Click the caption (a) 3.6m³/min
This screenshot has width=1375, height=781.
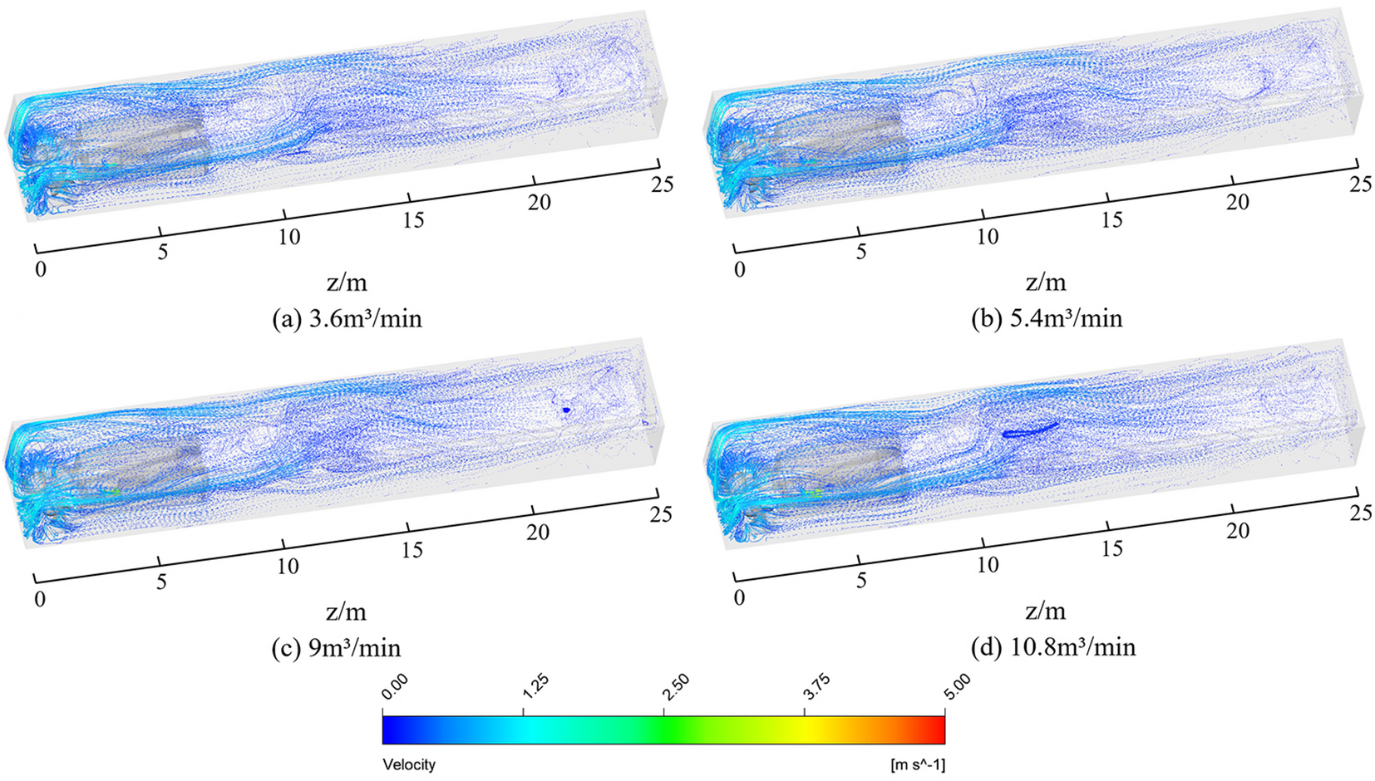pyautogui.click(x=347, y=319)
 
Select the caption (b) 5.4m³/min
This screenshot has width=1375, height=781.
pyautogui.click(x=1047, y=319)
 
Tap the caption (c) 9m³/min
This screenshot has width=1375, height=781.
pyautogui.click(x=336, y=648)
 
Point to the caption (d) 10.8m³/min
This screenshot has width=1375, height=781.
pyautogui.click(x=1052, y=647)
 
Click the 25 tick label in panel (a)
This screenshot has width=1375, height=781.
pyautogui.click(x=662, y=184)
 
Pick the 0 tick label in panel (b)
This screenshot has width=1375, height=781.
pyautogui.click(x=740, y=269)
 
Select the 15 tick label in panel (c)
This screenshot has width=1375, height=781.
pyautogui.click(x=412, y=550)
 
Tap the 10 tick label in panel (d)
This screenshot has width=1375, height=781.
pyautogui.click(x=987, y=566)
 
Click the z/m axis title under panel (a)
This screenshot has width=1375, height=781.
pyautogui.click(x=347, y=282)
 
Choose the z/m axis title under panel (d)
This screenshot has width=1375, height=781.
pyautogui.click(x=1045, y=612)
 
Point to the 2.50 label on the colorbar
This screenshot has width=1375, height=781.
pyautogui.click(x=676, y=687)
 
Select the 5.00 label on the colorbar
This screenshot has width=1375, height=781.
pyautogui.click(x=958, y=687)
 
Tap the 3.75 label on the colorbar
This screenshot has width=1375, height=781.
pyautogui.click(x=817, y=687)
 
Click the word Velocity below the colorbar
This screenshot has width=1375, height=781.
pyautogui.click(x=408, y=764)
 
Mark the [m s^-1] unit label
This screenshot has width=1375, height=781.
pyautogui.click(x=918, y=764)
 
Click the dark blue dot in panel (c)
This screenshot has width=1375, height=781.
pyautogui.click(x=565, y=410)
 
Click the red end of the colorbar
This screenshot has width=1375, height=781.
pyautogui.click(x=939, y=729)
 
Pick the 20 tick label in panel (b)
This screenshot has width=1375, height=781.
pyautogui.click(x=1237, y=203)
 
